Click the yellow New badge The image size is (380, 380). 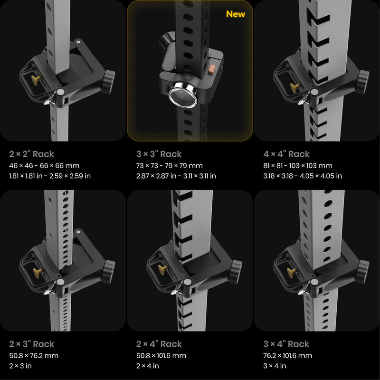[235, 14]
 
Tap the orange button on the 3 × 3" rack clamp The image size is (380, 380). [211, 68]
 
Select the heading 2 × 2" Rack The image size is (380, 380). [31, 154]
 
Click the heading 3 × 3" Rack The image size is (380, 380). [159, 154]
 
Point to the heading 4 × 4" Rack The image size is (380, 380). [286, 154]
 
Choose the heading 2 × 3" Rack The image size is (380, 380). [32, 344]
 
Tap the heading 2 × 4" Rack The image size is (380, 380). [159, 344]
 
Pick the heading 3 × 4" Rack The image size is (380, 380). [286, 344]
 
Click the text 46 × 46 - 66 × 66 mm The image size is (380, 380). [44, 166]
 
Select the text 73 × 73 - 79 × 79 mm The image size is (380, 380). [170, 166]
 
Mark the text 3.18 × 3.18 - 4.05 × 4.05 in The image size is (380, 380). [303, 176]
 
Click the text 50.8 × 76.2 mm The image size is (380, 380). [34, 356]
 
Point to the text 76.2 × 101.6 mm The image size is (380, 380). [288, 356]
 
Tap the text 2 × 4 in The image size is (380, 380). [148, 366]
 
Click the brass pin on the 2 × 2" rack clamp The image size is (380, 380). [36, 80]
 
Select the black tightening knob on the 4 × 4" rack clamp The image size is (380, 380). [362, 81]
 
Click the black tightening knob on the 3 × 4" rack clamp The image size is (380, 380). [362, 271]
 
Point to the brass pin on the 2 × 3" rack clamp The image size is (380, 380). [38, 273]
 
